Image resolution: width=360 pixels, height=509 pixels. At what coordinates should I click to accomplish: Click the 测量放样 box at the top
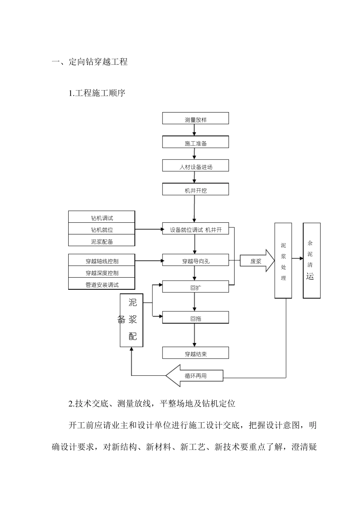pyautogui.click(x=196, y=119)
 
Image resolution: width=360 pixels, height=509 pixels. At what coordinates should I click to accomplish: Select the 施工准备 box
pyautogui.click(x=196, y=142)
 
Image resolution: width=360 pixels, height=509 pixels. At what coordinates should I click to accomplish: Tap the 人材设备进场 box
pyautogui.click(x=196, y=166)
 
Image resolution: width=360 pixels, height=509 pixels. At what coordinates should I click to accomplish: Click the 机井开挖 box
pyautogui.click(x=196, y=190)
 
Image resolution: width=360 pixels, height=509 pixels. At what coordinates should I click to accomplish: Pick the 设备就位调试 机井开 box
pyautogui.click(x=196, y=229)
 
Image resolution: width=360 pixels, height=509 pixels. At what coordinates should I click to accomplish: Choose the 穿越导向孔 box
pyautogui.click(x=196, y=260)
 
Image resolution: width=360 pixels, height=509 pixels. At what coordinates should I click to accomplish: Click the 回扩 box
pyautogui.click(x=196, y=287)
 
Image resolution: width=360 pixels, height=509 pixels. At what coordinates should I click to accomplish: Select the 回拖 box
pyautogui.click(x=196, y=318)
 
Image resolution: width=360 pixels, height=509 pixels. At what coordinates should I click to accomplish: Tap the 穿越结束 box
pyautogui.click(x=196, y=353)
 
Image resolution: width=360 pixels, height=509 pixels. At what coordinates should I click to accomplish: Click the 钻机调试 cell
pyautogui.click(x=102, y=217)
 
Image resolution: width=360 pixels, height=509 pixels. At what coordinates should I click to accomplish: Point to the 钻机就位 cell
pyautogui.click(x=102, y=229)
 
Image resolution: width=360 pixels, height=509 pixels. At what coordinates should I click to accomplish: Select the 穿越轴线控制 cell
pyautogui.click(x=102, y=260)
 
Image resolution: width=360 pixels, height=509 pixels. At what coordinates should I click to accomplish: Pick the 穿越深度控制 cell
pyautogui.click(x=102, y=272)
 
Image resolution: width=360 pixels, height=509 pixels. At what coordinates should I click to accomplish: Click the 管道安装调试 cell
pyautogui.click(x=102, y=284)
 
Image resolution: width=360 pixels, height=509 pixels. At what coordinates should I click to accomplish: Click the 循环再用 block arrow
pyautogui.click(x=195, y=376)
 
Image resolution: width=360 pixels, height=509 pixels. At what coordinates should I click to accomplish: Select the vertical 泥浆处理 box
pyautogui.click(x=283, y=261)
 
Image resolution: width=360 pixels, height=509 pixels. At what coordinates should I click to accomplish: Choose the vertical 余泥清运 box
pyautogui.click(x=311, y=261)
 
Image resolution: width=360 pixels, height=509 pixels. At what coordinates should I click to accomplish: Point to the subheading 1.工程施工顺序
pyautogui.click(x=97, y=93)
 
